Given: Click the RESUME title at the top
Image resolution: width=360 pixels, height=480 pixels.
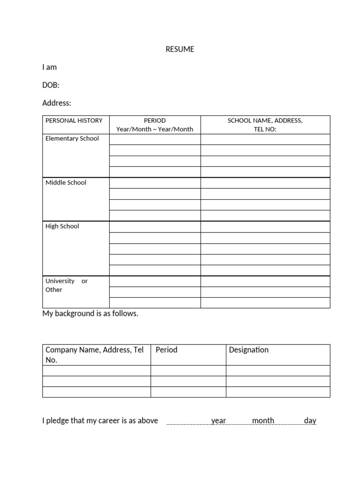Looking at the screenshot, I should pyautogui.click(x=180, y=49).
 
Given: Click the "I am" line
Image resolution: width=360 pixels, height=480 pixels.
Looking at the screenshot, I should pyautogui.click(x=49, y=67).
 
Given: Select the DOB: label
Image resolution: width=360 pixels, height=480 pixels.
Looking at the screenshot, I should pyautogui.click(x=51, y=85).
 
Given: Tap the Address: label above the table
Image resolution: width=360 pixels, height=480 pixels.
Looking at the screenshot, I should pyautogui.click(x=57, y=103).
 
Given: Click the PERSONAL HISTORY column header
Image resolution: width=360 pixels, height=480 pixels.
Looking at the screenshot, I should pyautogui.click(x=74, y=120).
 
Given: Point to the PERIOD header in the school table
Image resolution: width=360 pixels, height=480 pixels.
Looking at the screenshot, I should pyautogui.click(x=155, y=120).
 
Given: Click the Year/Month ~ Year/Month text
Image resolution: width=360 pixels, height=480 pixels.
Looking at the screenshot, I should pyautogui.click(x=155, y=129).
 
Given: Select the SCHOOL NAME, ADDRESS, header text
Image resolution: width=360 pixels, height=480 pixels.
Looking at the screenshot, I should pyautogui.click(x=265, y=120).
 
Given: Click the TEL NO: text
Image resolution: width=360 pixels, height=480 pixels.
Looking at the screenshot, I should pyautogui.click(x=265, y=129).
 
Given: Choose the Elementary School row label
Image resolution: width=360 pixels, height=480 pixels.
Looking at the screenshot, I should pyautogui.click(x=72, y=138).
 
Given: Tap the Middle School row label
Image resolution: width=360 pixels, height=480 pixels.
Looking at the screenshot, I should pyautogui.click(x=66, y=182).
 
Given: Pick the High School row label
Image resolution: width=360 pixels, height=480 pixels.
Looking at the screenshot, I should pyautogui.click(x=62, y=226).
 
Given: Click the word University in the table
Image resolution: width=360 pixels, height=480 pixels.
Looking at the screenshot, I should pyautogui.click(x=60, y=281).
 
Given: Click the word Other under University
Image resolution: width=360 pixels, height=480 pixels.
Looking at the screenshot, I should pyautogui.click(x=53, y=290).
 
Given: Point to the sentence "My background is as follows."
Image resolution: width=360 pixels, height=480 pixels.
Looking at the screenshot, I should pyautogui.click(x=90, y=314).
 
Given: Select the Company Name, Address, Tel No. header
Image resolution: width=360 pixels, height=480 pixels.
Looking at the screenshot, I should pyautogui.click(x=94, y=354).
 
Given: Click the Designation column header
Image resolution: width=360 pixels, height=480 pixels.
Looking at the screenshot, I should pyautogui.click(x=248, y=350).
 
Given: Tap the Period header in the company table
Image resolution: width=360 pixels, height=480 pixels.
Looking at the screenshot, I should pyautogui.click(x=166, y=350).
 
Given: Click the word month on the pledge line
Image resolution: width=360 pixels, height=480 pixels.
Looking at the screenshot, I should pyautogui.click(x=263, y=420).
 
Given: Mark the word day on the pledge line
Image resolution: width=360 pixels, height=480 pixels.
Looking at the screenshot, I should pyautogui.click(x=310, y=420).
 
